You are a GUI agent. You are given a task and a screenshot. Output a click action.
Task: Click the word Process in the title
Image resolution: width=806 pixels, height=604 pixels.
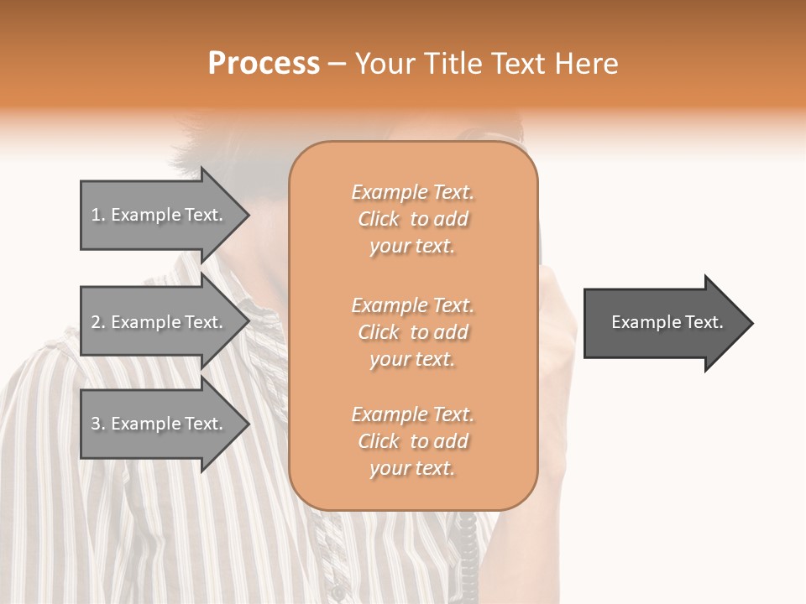click(x=264, y=64)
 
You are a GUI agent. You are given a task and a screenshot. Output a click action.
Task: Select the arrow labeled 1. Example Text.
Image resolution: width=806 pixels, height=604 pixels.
click(x=160, y=215)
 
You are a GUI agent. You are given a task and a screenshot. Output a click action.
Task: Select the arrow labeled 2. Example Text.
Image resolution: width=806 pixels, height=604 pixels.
click(x=160, y=322)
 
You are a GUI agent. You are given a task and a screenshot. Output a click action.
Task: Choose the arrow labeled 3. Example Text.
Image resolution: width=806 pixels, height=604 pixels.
click(x=160, y=424)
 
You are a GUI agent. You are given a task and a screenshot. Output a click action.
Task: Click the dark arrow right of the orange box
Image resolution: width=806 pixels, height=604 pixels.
click(x=663, y=323)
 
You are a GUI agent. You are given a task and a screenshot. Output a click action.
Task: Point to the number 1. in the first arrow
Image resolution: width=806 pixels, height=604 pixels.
click(x=98, y=215)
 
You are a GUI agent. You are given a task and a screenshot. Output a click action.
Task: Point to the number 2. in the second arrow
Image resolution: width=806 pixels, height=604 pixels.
click(x=98, y=322)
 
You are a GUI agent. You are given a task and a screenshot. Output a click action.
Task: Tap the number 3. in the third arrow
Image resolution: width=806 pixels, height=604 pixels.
click(x=98, y=424)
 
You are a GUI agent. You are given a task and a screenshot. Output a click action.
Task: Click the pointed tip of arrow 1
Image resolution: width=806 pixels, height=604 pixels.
click(x=246, y=215)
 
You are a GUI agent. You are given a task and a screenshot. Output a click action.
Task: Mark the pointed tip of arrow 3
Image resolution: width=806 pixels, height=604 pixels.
click(x=246, y=424)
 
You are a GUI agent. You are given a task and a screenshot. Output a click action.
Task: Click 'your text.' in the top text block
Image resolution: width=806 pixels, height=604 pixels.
click(x=412, y=246)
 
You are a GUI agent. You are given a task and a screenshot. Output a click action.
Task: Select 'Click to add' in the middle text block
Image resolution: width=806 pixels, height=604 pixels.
click(x=412, y=332)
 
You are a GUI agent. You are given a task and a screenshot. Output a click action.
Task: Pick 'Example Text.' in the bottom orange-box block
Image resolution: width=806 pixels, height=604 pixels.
click(x=412, y=414)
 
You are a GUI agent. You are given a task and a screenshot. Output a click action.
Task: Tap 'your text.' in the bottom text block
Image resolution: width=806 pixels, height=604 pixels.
click(x=412, y=468)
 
